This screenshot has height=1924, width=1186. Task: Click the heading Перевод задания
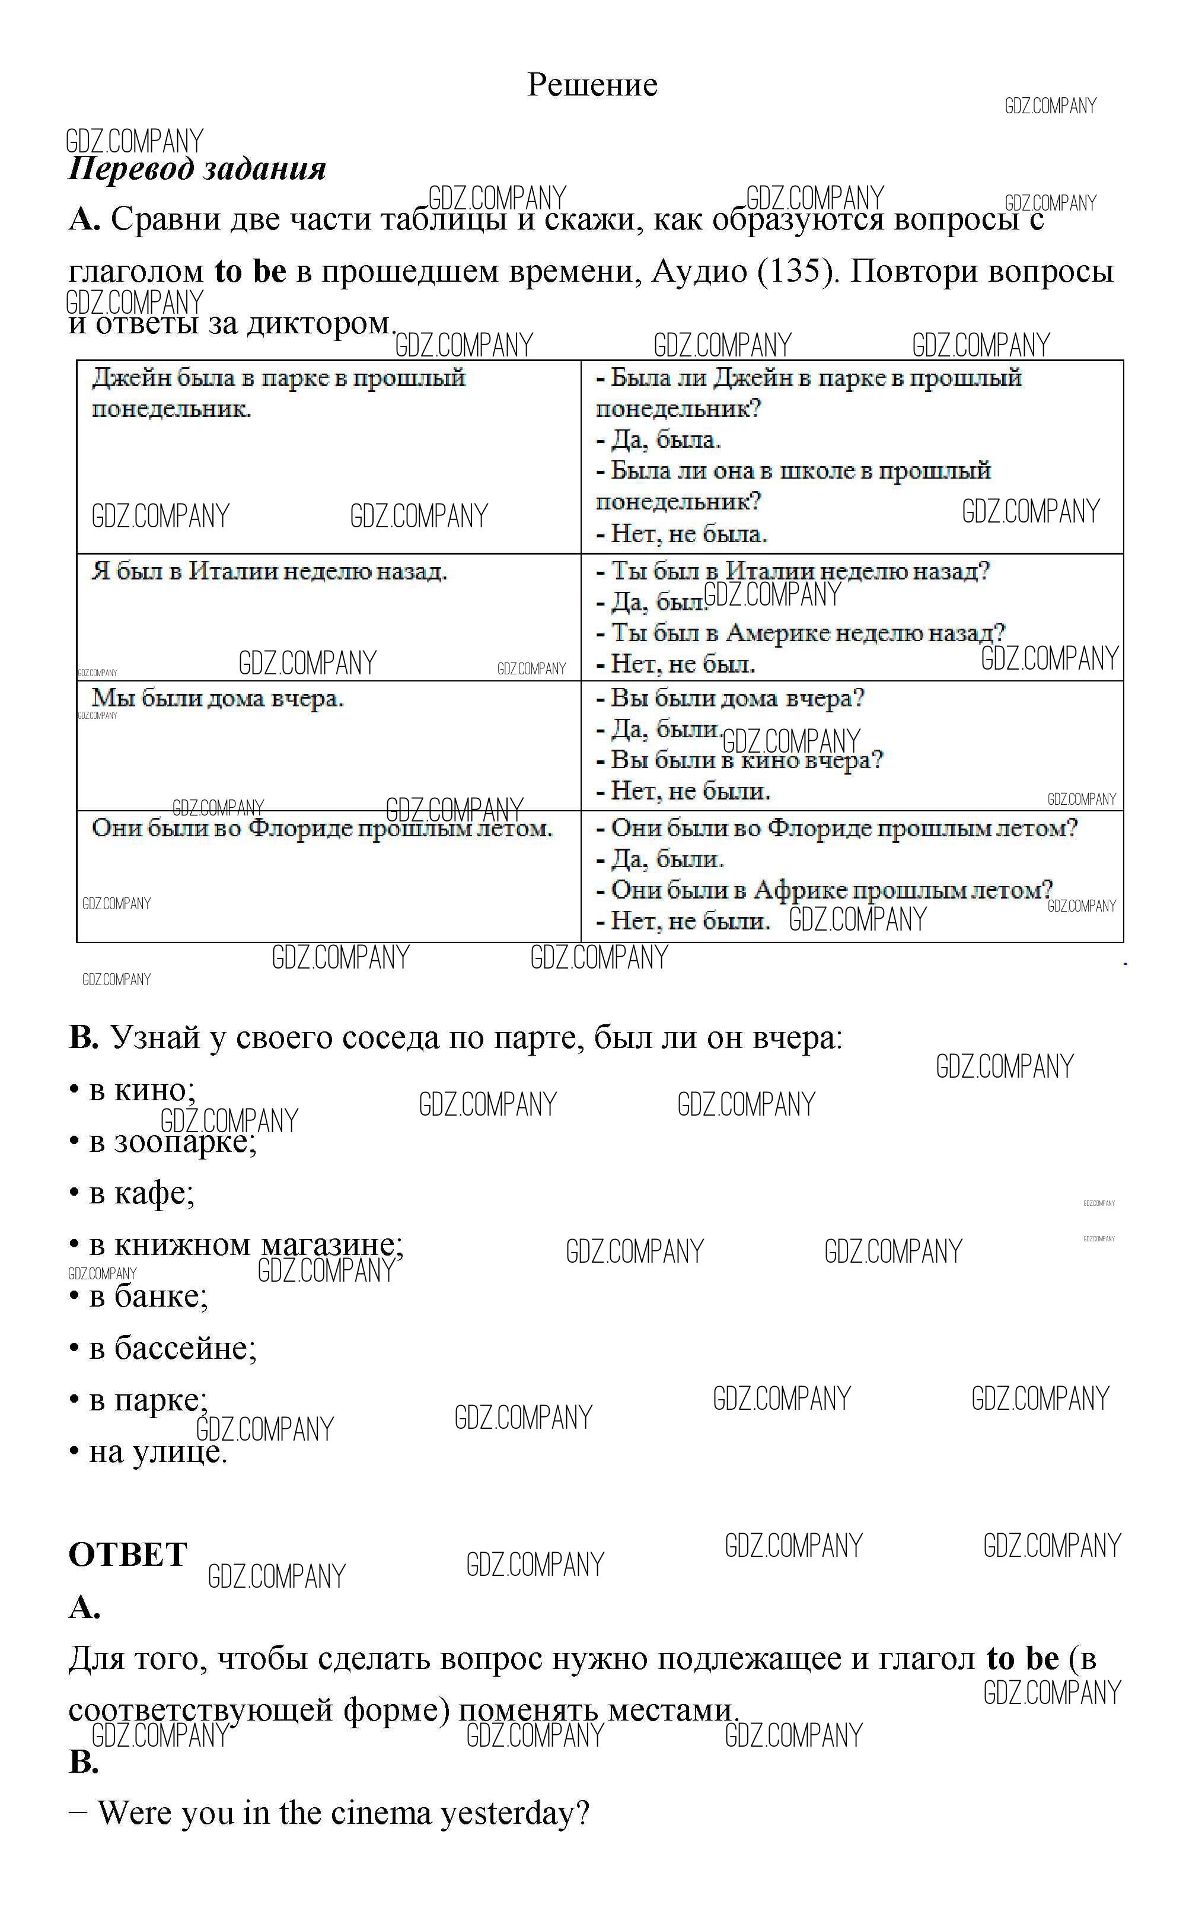coord(197,168)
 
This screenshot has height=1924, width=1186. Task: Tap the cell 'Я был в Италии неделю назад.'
coord(269,571)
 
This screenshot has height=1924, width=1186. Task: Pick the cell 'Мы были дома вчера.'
coord(217,698)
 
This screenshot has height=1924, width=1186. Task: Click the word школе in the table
coord(816,470)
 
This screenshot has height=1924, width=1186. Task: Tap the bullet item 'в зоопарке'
coord(173,1142)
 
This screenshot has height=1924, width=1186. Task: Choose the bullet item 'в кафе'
coord(141,1193)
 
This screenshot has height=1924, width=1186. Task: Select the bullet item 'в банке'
coord(148,1297)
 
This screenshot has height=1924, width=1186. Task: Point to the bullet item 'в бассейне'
coord(173,1348)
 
